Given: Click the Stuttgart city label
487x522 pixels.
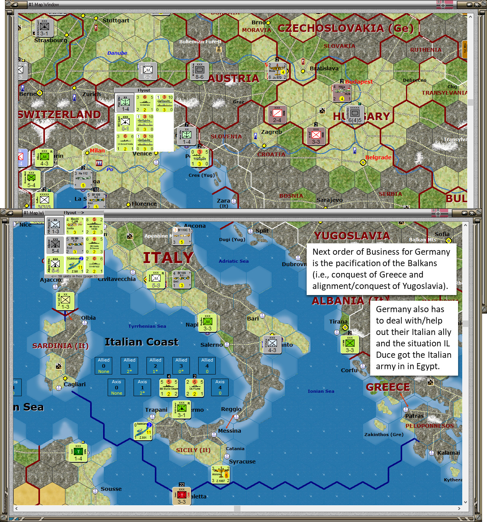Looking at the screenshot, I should click(x=116, y=21).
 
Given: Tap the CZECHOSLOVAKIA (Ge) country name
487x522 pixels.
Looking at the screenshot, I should click(x=345, y=29).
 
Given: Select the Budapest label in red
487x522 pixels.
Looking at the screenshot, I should click(x=359, y=82).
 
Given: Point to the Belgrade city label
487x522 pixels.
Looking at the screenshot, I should click(x=378, y=157).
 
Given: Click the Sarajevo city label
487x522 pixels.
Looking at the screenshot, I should click(x=329, y=200).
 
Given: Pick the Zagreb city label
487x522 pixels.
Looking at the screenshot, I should click(x=271, y=132).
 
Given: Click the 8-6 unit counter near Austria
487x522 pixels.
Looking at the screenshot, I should click(x=199, y=71).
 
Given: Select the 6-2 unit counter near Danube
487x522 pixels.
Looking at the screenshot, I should click(x=148, y=71).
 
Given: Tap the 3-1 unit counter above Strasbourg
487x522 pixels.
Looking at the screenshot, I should click(x=45, y=28).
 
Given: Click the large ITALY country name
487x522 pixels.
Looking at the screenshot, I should click(x=168, y=258).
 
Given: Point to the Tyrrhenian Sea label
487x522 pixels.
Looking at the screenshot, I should click(x=147, y=326).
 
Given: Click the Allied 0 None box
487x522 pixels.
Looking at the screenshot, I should click(x=103, y=365).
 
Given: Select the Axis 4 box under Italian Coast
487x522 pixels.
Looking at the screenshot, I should click(x=220, y=387).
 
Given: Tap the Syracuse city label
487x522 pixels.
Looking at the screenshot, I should click(x=242, y=462).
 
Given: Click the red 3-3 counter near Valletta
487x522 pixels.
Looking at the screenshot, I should click(x=181, y=496).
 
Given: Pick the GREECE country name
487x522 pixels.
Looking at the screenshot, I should click(x=388, y=387).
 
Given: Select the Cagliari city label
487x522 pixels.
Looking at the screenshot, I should click(x=75, y=384).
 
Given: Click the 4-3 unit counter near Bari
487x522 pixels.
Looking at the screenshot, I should click(x=272, y=344).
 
